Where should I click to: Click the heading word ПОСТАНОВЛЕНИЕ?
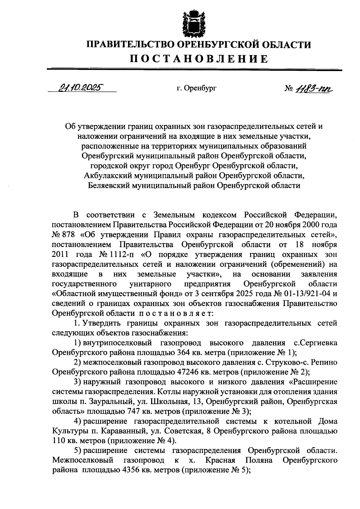tap(199, 59)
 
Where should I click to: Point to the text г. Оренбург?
tap(196, 88)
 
